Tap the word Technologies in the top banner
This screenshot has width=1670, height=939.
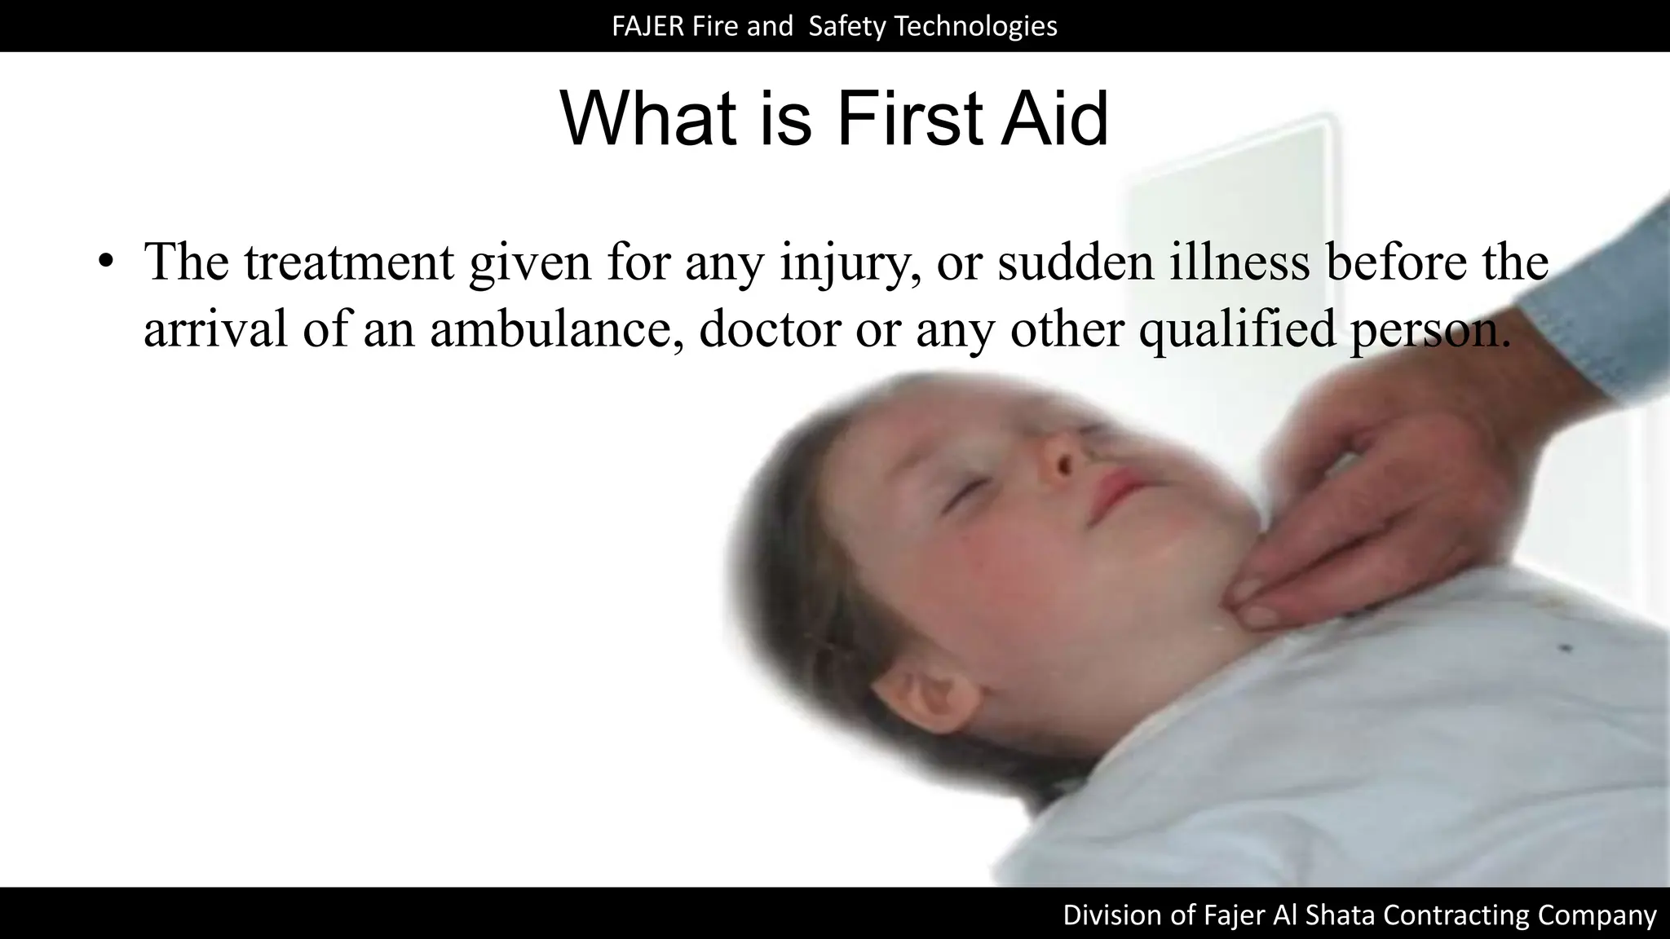[975, 27]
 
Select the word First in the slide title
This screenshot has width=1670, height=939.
[907, 119]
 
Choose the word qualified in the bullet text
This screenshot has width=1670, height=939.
[1236, 329]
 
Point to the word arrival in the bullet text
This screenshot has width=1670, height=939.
[215, 329]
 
